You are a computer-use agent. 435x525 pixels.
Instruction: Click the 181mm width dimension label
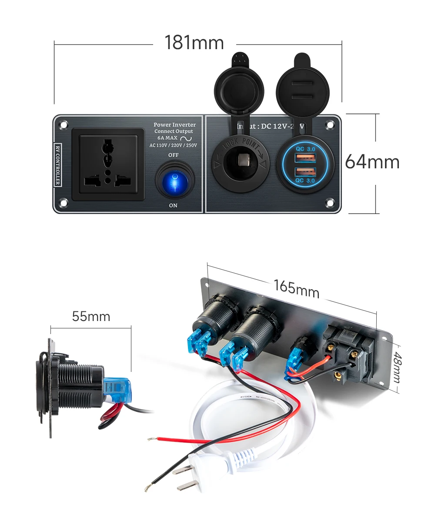pos(194,43)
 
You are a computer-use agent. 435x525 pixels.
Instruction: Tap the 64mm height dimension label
pos(372,162)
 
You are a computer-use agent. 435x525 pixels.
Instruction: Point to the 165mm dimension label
pos(296,289)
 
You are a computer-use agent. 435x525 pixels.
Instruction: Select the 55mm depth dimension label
pos(91,316)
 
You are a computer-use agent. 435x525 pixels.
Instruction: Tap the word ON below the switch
pos(173,205)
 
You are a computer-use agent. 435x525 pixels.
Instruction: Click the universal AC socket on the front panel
pos(107,164)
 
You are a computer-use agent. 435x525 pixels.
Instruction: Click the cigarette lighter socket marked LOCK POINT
pos(240,164)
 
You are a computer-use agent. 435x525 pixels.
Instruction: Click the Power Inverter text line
pos(174,125)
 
